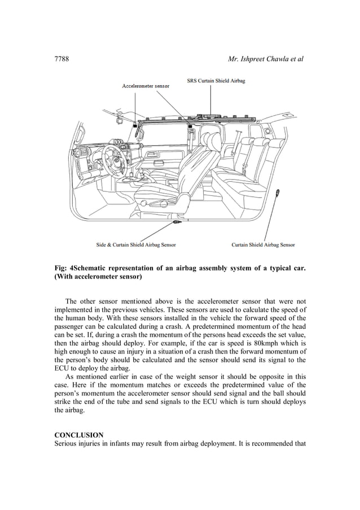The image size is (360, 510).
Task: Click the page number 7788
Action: (62, 59)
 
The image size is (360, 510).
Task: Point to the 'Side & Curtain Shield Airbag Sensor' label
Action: (135, 245)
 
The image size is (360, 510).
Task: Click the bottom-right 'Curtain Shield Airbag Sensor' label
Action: (263, 245)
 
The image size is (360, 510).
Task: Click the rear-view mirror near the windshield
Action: (121, 120)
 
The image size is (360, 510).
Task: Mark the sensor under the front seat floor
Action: (178, 224)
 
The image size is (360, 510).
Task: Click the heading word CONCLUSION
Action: (78, 435)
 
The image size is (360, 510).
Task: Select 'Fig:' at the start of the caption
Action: (61, 267)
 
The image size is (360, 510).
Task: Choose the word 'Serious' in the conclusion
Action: (67, 443)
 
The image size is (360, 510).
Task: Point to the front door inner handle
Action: (152, 153)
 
